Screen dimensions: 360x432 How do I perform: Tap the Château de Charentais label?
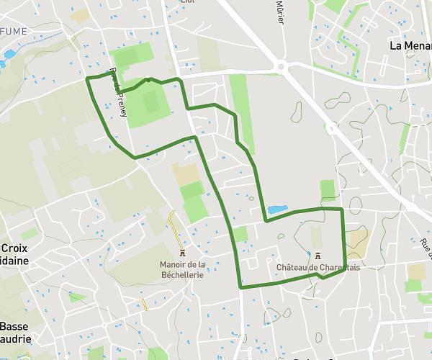click(x=318, y=267)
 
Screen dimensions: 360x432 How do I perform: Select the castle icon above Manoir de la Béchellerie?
click(x=182, y=254)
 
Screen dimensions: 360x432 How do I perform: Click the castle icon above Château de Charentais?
click(x=318, y=256)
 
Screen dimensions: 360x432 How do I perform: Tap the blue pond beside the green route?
click(x=277, y=210)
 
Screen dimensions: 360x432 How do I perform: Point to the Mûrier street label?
click(x=280, y=12)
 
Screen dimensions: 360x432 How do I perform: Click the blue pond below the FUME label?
click(x=9, y=54)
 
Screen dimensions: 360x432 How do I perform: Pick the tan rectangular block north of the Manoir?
click(x=186, y=173)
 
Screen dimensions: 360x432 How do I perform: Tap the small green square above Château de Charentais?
click(x=328, y=189)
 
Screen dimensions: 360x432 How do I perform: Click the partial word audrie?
click(x=14, y=338)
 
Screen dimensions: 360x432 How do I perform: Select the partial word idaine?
click(x=14, y=260)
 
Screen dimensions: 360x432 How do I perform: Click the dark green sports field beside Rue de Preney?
click(x=151, y=102)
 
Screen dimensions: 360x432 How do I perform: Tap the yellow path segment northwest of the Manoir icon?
click(x=172, y=220)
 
